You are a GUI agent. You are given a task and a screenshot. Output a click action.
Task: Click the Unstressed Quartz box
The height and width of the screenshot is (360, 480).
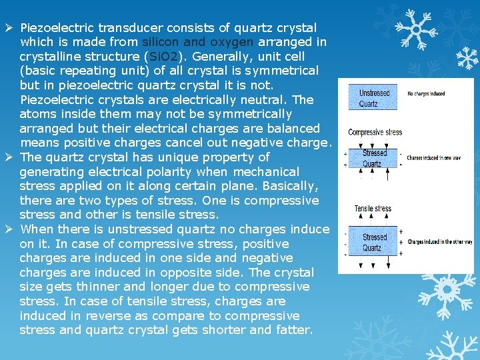point(373,98)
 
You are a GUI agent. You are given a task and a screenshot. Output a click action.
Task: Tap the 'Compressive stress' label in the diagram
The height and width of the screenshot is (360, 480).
point(375,132)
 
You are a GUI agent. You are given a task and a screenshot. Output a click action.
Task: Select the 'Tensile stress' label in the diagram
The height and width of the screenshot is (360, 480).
point(373,209)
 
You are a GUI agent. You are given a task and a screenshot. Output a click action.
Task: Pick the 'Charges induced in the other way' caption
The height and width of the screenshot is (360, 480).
point(439,242)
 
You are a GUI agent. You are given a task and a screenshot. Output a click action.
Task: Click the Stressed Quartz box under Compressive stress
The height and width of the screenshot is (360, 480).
point(373,159)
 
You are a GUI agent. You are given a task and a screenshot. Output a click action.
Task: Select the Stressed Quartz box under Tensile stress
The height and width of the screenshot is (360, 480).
point(374,242)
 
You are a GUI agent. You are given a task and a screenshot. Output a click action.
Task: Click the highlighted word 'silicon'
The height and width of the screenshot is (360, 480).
point(159,42)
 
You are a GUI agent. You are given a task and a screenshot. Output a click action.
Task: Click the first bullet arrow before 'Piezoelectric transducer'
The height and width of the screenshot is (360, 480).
point(9,27)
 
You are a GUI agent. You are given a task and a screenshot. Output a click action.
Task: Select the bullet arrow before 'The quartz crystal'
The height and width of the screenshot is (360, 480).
point(9,157)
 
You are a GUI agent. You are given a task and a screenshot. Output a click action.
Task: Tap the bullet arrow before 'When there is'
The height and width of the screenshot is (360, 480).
point(9,229)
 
